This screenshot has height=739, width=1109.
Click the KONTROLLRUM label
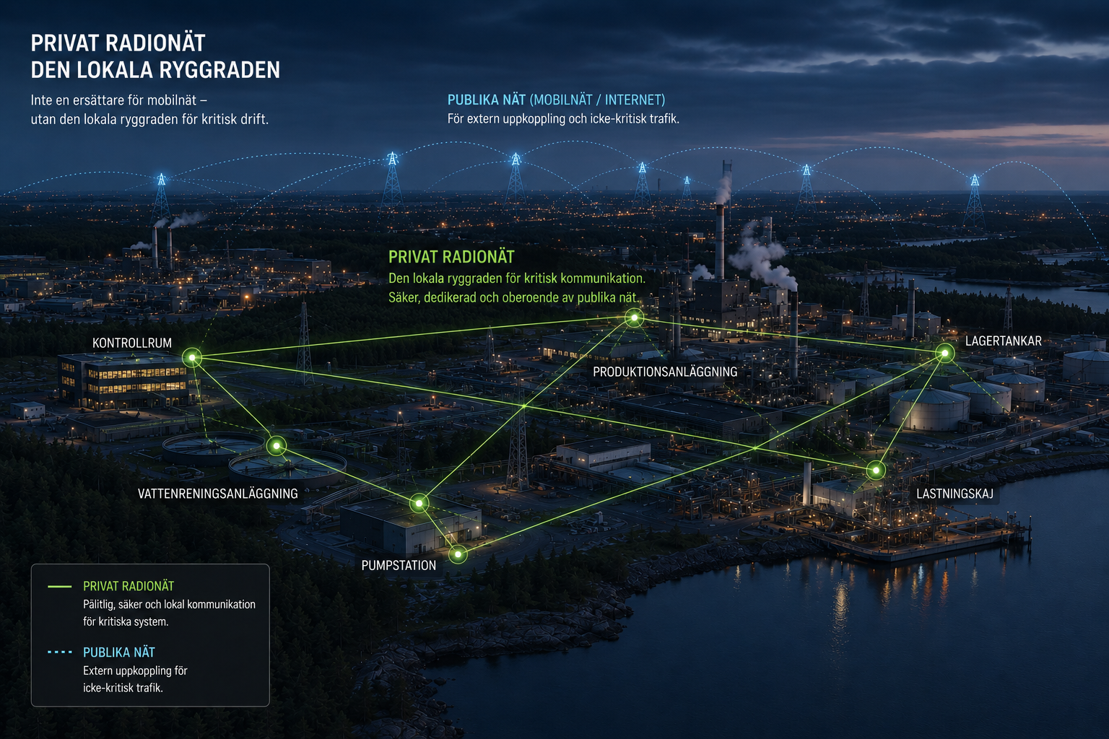pyautogui.click(x=131, y=343)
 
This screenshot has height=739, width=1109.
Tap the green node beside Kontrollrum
pyautogui.click(x=192, y=357)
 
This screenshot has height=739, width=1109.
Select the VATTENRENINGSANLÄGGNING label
pyautogui.click(x=218, y=494)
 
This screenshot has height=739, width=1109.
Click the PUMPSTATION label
pyautogui.click(x=399, y=565)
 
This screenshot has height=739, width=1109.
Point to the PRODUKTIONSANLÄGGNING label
pyautogui.click(x=665, y=372)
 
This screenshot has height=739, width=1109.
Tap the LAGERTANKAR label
pyautogui.click(x=1004, y=341)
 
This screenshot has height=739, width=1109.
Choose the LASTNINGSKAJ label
pyautogui.click(x=954, y=494)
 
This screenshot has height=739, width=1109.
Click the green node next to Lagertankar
pyautogui.click(x=944, y=353)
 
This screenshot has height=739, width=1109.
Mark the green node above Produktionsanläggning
pyautogui.click(x=634, y=318)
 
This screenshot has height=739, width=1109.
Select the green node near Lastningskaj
pyautogui.click(x=876, y=470)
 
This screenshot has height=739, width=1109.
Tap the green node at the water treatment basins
pyautogui.click(x=277, y=446)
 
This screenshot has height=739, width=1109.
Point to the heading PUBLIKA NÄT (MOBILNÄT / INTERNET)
pyautogui.click(x=556, y=100)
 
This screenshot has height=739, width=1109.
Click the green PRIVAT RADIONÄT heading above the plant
pyautogui.click(x=451, y=257)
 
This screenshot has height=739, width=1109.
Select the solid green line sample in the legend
pyautogui.click(x=60, y=587)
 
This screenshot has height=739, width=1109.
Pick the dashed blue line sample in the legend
pyautogui.click(x=60, y=652)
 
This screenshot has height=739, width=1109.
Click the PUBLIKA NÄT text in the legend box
pyautogui.click(x=119, y=652)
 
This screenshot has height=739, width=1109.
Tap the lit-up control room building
pyautogui.click(x=123, y=380)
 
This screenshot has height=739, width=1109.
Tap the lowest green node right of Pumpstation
pyautogui.click(x=458, y=554)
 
